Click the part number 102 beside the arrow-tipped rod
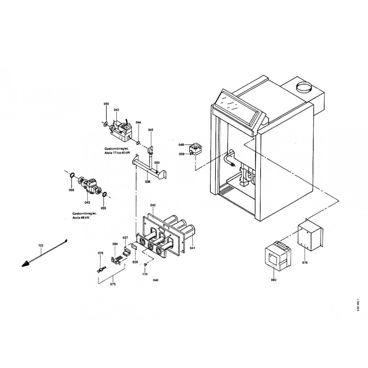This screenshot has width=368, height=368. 40,246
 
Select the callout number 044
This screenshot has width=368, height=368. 138,122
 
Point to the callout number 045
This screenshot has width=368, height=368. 150,130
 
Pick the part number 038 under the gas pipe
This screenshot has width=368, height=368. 148,182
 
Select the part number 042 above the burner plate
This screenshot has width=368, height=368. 153,205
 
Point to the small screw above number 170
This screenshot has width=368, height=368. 145,264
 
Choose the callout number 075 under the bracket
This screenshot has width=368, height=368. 113,284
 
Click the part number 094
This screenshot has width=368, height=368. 115,244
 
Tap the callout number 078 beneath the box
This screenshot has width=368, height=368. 305,262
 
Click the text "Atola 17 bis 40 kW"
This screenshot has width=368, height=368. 117,153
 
